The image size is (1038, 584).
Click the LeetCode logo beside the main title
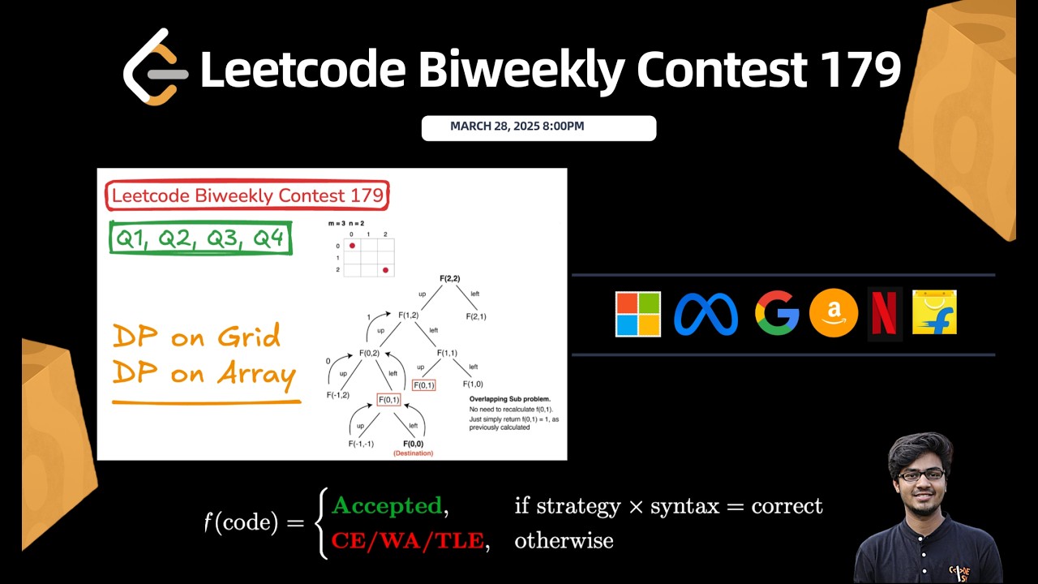[x=155, y=68]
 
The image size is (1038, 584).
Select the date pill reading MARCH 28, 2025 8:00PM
[x=538, y=127]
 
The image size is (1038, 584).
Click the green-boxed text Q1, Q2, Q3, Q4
[x=200, y=238]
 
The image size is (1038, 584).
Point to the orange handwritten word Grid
[x=243, y=336]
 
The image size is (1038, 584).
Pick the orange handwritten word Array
[x=253, y=374]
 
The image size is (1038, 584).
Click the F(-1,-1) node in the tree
[x=361, y=444]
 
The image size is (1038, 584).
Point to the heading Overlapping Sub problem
[x=509, y=399]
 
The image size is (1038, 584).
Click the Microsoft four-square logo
[x=638, y=314]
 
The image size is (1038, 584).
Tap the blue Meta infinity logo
[x=706, y=314]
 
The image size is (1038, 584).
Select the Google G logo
[x=776, y=314]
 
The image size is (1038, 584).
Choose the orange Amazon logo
[x=834, y=314]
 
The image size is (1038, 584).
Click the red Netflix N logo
[x=884, y=314]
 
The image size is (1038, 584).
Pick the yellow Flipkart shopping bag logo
[x=934, y=313]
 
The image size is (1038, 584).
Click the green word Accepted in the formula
[x=387, y=506]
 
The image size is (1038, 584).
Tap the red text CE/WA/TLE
[x=408, y=540]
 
